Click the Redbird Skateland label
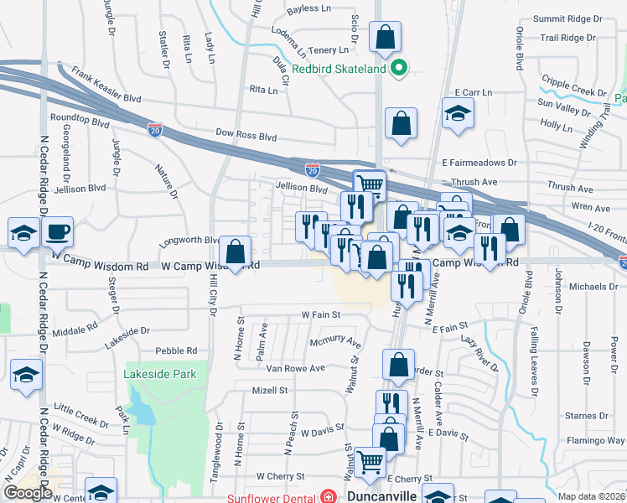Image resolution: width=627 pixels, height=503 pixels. [x=339, y=69]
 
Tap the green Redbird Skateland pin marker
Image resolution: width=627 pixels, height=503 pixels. [x=399, y=69]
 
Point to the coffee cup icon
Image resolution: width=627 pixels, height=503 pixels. [x=58, y=231]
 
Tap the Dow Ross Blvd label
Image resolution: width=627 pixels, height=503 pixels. [x=246, y=135]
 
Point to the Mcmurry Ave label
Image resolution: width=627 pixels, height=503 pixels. [x=334, y=343]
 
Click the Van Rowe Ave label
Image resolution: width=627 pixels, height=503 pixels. [x=295, y=368]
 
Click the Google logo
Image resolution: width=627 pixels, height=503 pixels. [x=28, y=493]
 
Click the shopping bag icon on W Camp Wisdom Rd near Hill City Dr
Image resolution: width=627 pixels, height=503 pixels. [x=235, y=251]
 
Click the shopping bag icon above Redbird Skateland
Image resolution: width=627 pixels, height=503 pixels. [x=385, y=38]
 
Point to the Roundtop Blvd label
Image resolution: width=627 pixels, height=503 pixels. [x=80, y=121]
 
